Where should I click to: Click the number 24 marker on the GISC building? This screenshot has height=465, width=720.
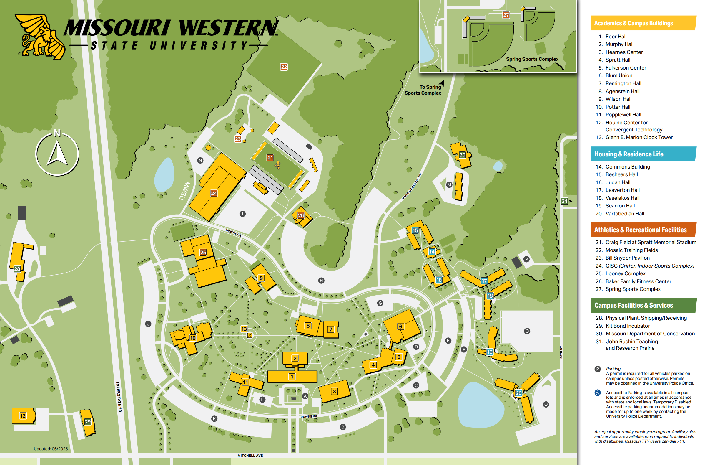214,193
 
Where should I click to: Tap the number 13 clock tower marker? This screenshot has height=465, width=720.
244,329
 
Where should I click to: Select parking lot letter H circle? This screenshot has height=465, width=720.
321,281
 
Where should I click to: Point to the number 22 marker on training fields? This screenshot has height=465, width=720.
284,67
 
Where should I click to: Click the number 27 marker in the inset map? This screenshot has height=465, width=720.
506,15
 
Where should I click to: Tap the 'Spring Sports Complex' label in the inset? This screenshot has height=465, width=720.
532,59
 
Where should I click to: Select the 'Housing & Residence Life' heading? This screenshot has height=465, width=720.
629,154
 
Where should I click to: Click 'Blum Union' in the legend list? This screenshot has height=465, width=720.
619,75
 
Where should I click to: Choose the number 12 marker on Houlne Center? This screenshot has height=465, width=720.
23,416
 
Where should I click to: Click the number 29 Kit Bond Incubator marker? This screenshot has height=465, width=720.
88,421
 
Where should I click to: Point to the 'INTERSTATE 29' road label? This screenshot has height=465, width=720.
119,397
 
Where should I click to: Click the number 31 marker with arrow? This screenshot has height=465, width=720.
564,201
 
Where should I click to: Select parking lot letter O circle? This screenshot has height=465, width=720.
527,331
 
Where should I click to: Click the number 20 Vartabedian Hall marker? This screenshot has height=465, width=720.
518,393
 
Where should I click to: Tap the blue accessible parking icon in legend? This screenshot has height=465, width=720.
597,393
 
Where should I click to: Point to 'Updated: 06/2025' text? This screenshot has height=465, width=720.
51,449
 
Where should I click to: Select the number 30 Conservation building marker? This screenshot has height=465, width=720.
462,155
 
